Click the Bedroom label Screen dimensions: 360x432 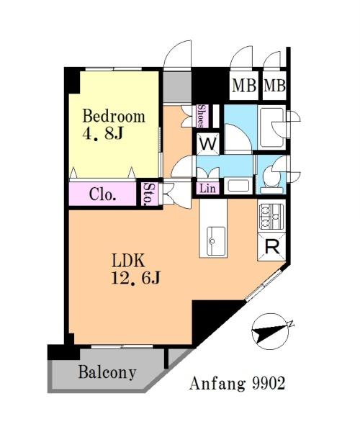(x=114, y=116)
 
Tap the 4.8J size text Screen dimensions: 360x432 (x=102, y=134)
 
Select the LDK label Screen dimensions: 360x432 (x=128, y=261)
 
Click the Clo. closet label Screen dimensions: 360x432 (x=102, y=194)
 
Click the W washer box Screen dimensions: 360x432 (x=208, y=143)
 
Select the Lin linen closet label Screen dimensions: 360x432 (x=207, y=189)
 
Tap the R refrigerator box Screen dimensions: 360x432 (x=272, y=247)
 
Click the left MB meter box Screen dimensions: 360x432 (x=244, y=86)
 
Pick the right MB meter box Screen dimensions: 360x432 (x=274, y=86)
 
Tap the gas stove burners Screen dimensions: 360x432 (x=271, y=217)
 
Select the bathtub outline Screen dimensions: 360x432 (x=271, y=127)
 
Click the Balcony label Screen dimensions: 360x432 (x=107, y=372)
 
